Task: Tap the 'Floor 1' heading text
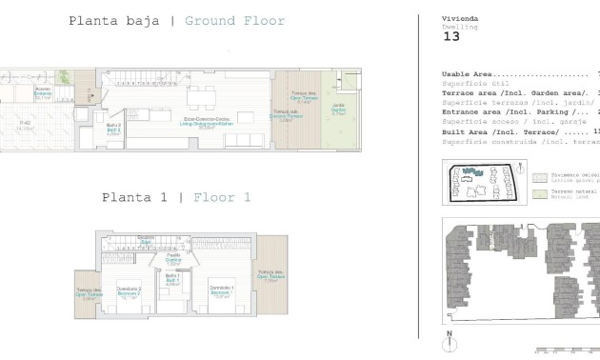tap(221, 198)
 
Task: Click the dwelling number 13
tap(451, 39)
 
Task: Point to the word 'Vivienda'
tap(460, 19)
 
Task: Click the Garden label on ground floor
tap(337, 108)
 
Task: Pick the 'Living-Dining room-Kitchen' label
tap(206, 121)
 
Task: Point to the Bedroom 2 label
tap(129, 293)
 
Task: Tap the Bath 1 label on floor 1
tap(173, 280)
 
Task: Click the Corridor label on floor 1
tap(173, 258)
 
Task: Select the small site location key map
tap(481, 180)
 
